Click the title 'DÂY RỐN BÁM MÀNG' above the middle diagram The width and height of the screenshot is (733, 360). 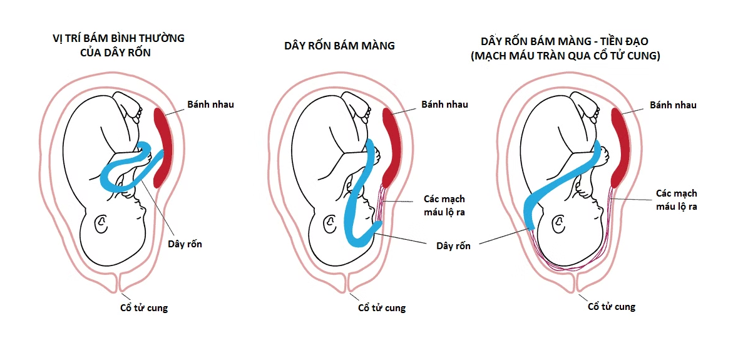[x=339, y=45]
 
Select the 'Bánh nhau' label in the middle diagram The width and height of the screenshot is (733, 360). [x=444, y=105]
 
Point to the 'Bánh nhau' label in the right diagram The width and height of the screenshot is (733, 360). [x=673, y=105]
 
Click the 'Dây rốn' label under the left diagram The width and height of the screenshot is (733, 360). [x=185, y=244]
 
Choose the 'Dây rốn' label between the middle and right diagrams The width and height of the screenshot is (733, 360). [x=453, y=246]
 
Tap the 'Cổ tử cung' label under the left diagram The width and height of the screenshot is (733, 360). [x=143, y=308]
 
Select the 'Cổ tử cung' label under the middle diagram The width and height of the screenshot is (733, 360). [x=381, y=308]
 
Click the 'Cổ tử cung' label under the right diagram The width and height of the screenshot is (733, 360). [x=612, y=307]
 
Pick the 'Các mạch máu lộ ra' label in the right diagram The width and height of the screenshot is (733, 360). [x=677, y=200]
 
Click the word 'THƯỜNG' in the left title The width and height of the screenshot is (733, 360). [x=162, y=38]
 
